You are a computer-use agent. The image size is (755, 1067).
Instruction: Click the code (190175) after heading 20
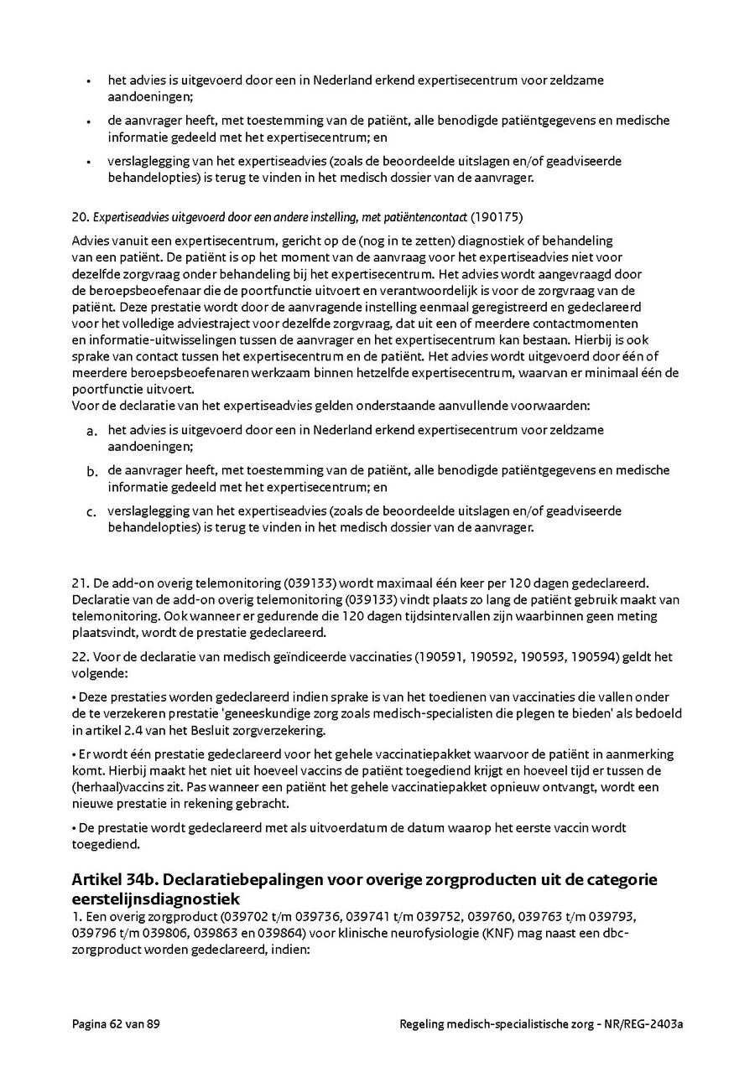point(497,218)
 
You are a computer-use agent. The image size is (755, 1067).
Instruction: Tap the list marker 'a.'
point(91,432)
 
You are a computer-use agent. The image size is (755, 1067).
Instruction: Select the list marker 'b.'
point(91,472)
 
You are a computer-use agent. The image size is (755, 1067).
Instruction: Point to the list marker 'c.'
point(91,512)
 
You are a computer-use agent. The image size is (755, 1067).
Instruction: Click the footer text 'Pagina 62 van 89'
point(116,1023)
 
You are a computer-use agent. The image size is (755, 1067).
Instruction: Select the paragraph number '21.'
point(81,583)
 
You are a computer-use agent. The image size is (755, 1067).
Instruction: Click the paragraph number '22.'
point(81,657)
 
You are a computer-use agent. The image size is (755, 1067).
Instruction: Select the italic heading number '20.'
point(81,218)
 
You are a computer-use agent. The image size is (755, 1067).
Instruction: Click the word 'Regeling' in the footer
point(425,1023)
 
